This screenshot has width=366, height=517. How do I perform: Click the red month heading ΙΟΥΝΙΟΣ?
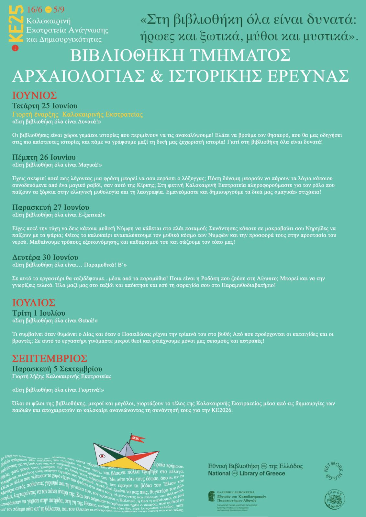click(35, 96)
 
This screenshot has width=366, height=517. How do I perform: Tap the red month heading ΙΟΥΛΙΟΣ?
click(34, 303)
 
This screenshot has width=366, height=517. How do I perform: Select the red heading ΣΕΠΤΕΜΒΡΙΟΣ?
click(50, 358)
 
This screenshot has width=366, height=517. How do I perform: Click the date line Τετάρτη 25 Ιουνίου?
click(45, 106)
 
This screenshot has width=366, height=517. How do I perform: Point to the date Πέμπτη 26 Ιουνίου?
click(44, 157)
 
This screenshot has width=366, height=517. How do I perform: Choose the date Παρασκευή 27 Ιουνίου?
click(50, 207)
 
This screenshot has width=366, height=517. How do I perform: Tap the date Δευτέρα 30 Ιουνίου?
click(45, 258)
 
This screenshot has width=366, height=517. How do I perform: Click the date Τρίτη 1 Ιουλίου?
click(39, 313)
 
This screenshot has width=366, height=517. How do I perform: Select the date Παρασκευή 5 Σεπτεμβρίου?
click(57, 369)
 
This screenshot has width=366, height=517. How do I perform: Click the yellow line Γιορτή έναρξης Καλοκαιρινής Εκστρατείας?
click(77, 114)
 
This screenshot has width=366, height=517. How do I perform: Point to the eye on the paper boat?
click(103, 456)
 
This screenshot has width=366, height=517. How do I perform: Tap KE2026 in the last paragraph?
click(223, 410)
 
